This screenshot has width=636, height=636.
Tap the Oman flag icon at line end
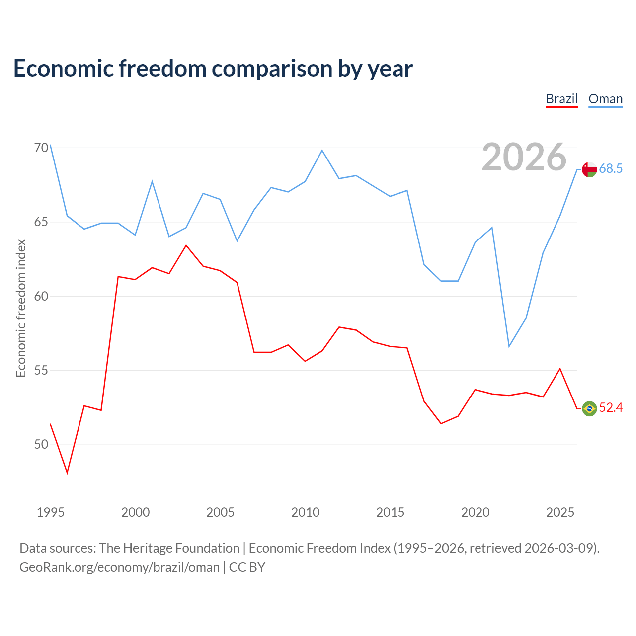(589, 169)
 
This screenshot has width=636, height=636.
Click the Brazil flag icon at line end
(589, 408)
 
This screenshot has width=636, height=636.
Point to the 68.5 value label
(611, 168)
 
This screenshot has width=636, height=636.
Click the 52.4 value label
(611, 407)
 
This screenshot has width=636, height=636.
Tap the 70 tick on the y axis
(41, 148)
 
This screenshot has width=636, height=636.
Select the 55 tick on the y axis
(41, 370)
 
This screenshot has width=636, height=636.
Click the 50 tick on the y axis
(41, 445)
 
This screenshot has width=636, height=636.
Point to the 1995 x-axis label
(51, 512)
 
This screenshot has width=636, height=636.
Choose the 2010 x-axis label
(305, 512)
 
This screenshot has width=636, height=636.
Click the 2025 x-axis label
(560, 512)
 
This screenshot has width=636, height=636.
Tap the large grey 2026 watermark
(524, 157)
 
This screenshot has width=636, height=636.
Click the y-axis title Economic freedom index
(21, 308)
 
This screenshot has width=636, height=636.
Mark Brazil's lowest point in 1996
(68, 473)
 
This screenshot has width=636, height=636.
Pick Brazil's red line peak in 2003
(186, 245)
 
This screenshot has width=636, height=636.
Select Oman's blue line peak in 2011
(322, 151)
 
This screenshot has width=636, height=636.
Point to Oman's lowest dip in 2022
(509, 346)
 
